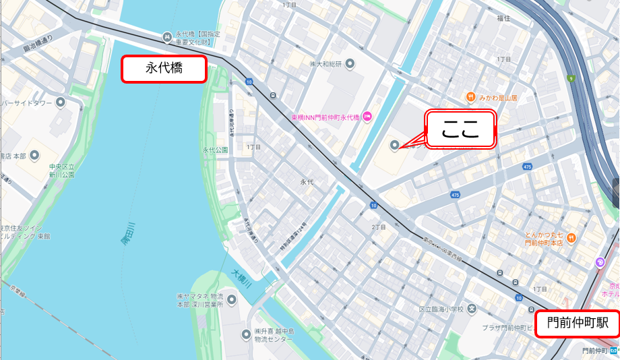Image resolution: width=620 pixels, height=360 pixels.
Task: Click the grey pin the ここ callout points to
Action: [x=394, y=144]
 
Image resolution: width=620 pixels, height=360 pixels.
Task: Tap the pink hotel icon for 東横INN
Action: [x=367, y=117]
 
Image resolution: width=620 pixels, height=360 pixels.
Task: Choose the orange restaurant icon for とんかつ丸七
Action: [x=571, y=237]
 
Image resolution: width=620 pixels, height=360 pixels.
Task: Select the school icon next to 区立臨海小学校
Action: [x=472, y=309]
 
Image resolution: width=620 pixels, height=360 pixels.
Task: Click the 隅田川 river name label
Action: [x=129, y=237]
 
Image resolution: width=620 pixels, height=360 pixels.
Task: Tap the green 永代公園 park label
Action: [x=216, y=150]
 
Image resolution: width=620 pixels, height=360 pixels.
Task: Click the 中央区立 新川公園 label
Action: [x=61, y=170]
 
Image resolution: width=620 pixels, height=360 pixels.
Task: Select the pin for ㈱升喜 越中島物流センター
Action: [x=246, y=334]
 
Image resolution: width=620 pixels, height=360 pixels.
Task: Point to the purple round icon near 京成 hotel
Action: [x=600, y=262]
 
